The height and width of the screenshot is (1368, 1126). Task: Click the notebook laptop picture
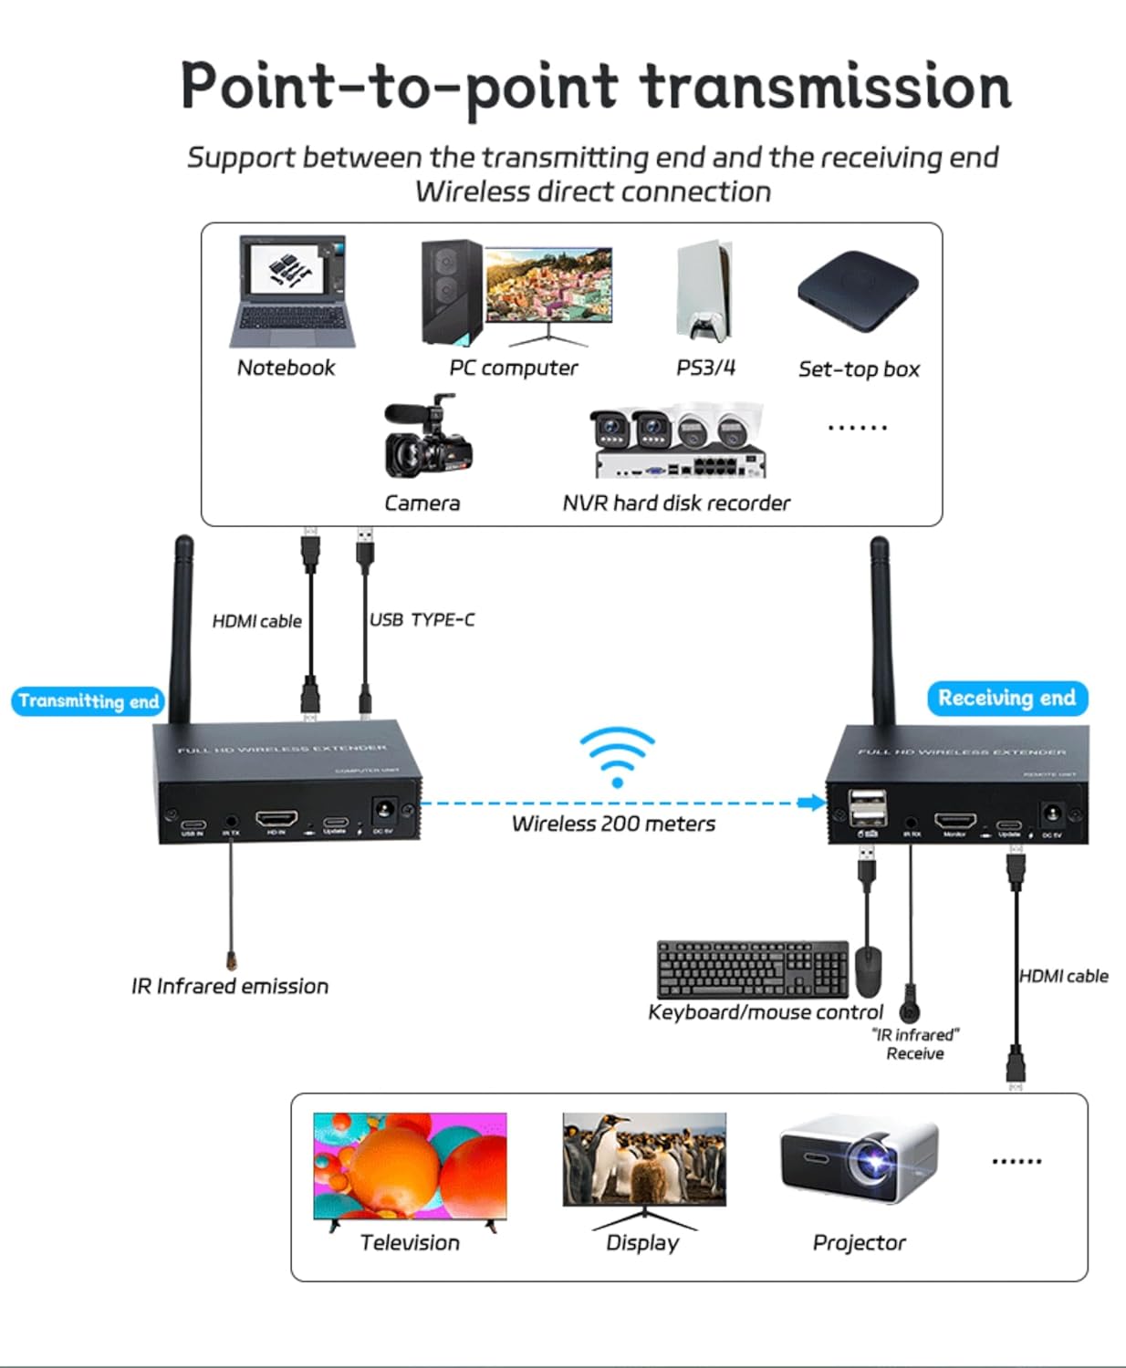coord(292,291)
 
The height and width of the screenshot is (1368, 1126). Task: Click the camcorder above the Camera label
coord(427,440)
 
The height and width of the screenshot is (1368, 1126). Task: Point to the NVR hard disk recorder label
coord(676,503)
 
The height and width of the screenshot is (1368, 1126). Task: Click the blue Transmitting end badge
coord(89,701)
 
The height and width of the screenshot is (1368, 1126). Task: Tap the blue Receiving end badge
coord(1006,699)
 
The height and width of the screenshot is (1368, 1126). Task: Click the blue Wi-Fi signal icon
coord(617,756)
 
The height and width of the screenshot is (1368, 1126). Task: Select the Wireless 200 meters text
coord(613,824)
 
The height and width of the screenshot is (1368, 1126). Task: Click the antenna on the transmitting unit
coord(182,629)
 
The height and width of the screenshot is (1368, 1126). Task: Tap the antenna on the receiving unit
coord(881,629)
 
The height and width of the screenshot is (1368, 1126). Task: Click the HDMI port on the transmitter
coord(276,818)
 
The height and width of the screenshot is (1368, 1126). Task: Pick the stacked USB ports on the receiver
coord(868,808)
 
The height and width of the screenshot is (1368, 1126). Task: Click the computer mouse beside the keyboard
coord(869,971)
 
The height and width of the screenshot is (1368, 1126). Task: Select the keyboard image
coord(753,969)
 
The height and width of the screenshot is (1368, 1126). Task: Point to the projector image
coord(859,1159)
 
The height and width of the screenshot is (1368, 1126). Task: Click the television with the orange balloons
coord(410,1166)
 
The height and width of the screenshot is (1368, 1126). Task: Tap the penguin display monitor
coord(644,1160)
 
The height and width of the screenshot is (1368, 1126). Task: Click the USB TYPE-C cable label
coord(422,620)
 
